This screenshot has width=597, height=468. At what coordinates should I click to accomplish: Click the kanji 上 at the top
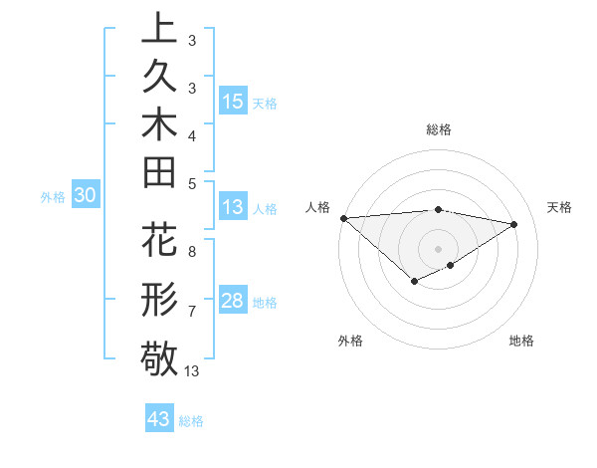click(x=159, y=30)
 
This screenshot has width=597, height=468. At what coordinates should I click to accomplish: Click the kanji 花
click(x=159, y=242)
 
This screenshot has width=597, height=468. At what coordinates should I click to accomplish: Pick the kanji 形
click(x=159, y=298)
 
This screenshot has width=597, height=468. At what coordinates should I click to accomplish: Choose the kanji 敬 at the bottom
click(x=159, y=355)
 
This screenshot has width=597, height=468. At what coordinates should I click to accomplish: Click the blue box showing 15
click(x=233, y=101)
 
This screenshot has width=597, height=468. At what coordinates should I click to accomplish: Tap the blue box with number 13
click(x=233, y=207)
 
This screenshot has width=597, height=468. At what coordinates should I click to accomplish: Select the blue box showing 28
click(x=233, y=301)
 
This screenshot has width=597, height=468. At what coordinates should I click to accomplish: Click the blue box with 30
click(x=85, y=196)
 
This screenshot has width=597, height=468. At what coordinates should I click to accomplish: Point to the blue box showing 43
click(x=159, y=419)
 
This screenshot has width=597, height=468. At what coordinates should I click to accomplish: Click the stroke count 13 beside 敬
click(x=193, y=371)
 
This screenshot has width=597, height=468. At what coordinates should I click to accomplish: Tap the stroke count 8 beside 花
click(x=191, y=252)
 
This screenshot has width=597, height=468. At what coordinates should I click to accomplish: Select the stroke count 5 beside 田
click(x=191, y=182)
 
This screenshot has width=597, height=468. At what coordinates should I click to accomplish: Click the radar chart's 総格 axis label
click(x=439, y=129)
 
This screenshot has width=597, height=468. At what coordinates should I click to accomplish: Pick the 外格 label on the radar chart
click(x=350, y=342)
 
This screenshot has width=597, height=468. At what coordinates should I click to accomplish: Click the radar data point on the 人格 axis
click(x=343, y=218)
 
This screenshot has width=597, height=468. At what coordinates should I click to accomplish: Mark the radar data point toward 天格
click(x=514, y=224)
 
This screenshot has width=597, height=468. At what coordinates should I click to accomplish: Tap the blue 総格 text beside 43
click(x=191, y=421)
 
